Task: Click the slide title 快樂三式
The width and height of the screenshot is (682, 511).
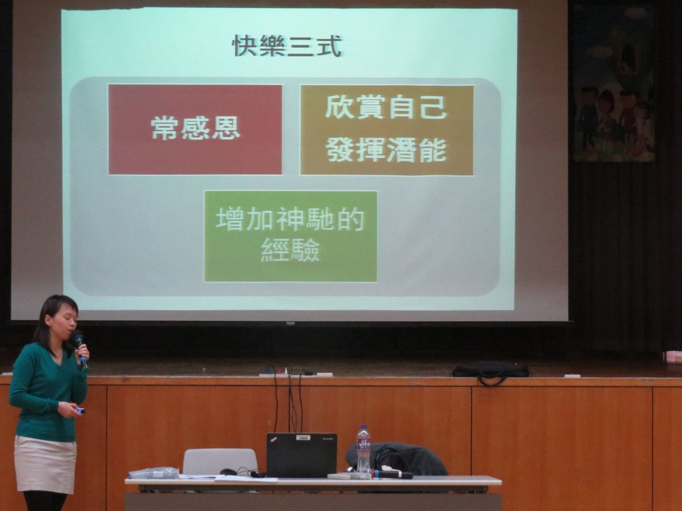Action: (288, 47)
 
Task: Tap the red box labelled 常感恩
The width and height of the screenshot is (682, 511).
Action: (195, 129)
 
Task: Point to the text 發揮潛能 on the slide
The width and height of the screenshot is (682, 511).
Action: (387, 150)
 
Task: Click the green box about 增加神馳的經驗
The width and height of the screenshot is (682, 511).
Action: (291, 236)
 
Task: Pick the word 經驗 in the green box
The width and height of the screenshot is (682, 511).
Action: (290, 250)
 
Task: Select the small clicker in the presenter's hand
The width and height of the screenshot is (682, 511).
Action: (80, 411)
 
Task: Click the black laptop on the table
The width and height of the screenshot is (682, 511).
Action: (301, 455)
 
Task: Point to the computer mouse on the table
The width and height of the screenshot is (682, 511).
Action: (228, 472)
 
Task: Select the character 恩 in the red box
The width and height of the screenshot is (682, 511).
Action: (227, 128)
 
